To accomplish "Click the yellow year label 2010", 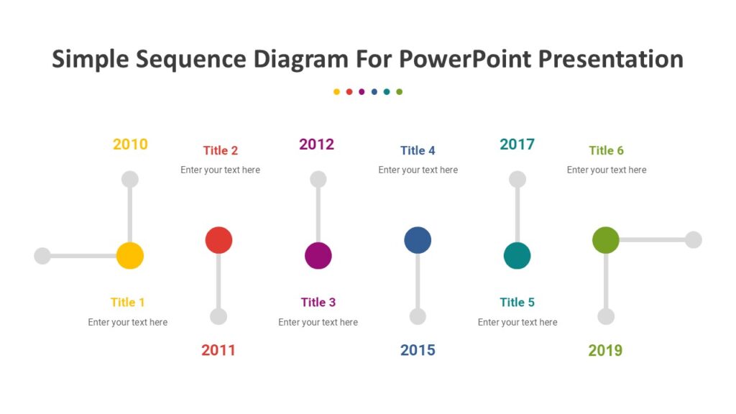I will tap(130, 144).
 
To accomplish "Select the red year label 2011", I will tap(218, 350).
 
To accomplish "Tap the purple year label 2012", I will tap(317, 144).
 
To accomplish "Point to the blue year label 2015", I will tap(418, 350).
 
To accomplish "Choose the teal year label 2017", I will tap(517, 144).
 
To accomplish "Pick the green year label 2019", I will tap(605, 351).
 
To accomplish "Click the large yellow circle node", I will tap(130, 255).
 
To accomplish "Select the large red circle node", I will tap(218, 240).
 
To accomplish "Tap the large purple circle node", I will tap(318, 255).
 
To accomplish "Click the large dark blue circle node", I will tap(418, 240).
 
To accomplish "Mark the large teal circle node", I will tap(517, 255).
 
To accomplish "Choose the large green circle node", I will tap(606, 240).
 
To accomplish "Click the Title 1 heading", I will tap(128, 302).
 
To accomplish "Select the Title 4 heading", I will tap(418, 150).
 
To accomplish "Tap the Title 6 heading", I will tap(606, 150).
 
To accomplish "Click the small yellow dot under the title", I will tap(336, 92).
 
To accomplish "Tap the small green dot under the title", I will tap(399, 92).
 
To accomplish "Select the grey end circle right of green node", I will tap(693, 240).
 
